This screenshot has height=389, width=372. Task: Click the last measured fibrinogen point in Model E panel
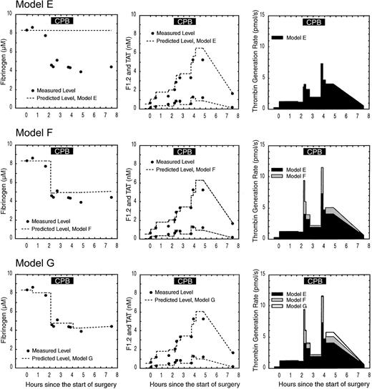111,67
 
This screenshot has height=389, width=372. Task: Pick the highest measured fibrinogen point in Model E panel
32,27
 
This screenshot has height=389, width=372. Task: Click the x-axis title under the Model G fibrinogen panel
69,384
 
